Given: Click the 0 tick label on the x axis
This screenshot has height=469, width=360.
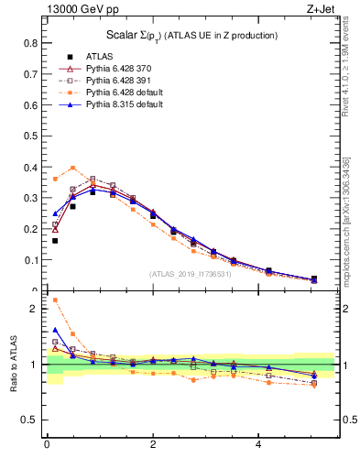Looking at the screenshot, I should (x=47, y=444).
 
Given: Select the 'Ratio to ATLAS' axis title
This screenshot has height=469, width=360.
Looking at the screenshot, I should (x=12, y=365).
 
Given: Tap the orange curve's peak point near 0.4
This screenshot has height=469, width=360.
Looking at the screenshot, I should (x=73, y=168).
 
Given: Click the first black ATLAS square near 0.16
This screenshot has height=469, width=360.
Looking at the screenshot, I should (x=55, y=241).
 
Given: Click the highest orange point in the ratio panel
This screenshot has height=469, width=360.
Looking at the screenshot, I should (x=55, y=300).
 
